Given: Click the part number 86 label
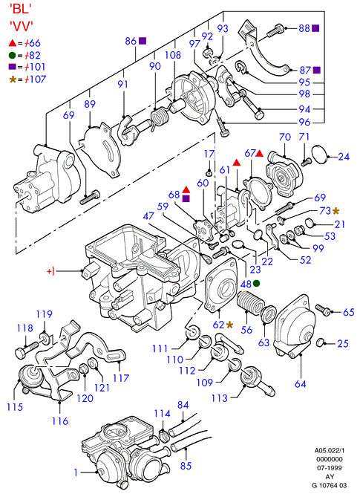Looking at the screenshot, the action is pyautogui.click(x=131, y=41).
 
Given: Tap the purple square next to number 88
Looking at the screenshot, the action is pyautogui.click(x=315, y=28).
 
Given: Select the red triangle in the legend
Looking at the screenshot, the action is pyautogui.click(x=13, y=43).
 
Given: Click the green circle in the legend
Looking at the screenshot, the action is pyautogui.click(x=13, y=56).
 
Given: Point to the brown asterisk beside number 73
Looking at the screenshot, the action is pyautogui.click(x=336, y=210).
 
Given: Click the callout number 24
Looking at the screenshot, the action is pyautogui.click(x=344, y=156).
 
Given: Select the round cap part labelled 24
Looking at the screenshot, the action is pyautogui.click(x=320, y=155).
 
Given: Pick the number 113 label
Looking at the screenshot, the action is pyautogui.click(x=220, y=398).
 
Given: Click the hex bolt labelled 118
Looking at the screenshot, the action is pyautogui.click(x=27, y=349).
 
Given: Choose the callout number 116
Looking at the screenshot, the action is pyautogui.click(x=60, y=421).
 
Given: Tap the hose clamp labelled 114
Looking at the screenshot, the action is pyautogui.click(x=164, y=437).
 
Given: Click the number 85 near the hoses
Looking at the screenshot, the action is pyautogui.click(x=186, y=466).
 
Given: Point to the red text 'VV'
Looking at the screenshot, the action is pyautogui.click(x=22, y=26).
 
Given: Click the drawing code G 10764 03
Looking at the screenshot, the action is pyautogui.click(x=330, y=485).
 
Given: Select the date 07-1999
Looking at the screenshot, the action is pyautogui.click(x=330, y=468).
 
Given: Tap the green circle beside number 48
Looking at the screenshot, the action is pyautogui.click(x=257, y=283).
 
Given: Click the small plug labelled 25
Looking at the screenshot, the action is pyautogui.click(x=321, y=342).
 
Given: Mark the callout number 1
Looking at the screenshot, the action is pyautogui.click(x=76, y=472).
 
